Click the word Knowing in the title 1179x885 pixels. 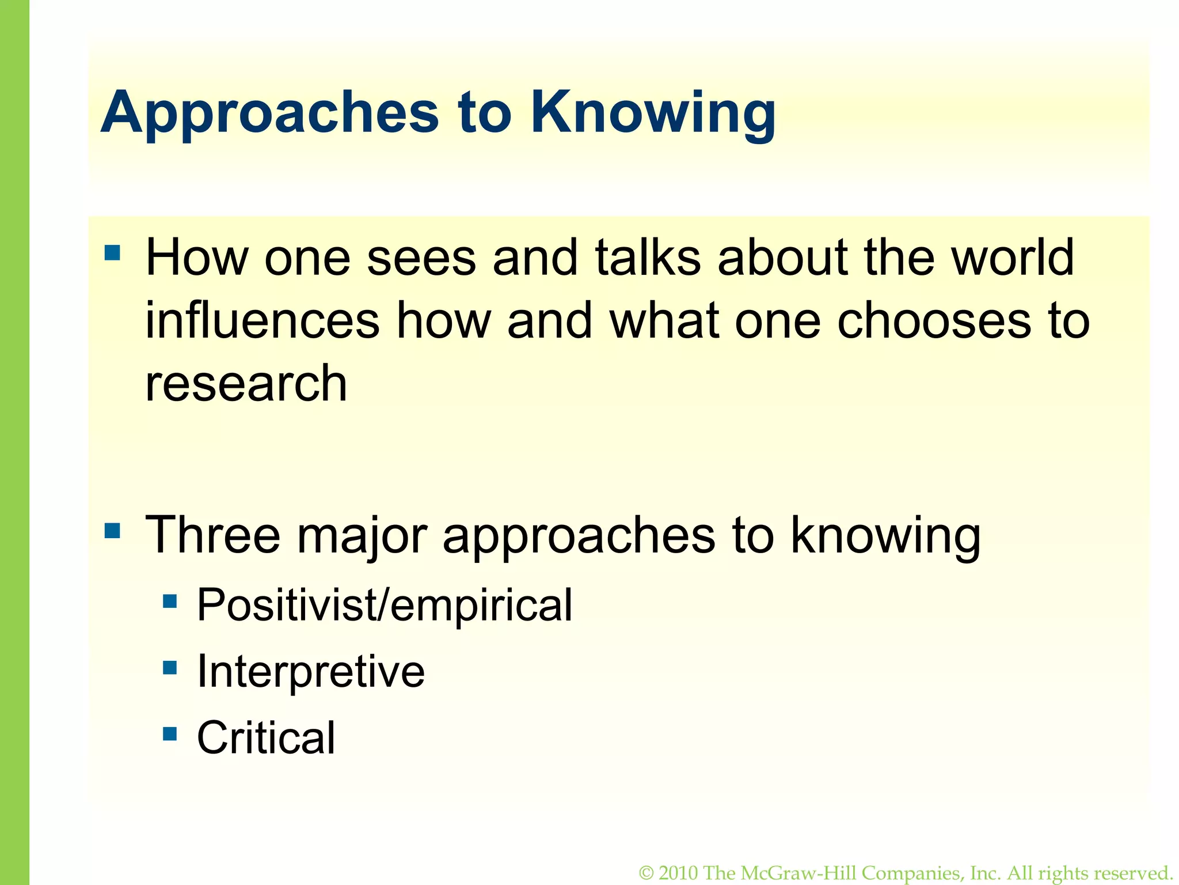coord(653,112)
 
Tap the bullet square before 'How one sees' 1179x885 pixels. coord(113,253)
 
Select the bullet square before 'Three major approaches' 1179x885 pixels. coord(113,530)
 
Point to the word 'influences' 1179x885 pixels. coord(263,320)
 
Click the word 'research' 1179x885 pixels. coord(246,384)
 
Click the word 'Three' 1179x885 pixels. coord(213,535)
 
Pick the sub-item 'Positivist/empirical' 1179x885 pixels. coord(385,606)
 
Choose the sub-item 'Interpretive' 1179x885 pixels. coord(311,672)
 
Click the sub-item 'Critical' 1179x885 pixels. coord(266,738)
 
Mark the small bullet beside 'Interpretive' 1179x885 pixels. coord(170,668)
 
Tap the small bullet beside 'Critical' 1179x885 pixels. coord(170,734)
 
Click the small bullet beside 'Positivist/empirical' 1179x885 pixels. coord(170,602)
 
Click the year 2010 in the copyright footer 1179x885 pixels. coord(679,873)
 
